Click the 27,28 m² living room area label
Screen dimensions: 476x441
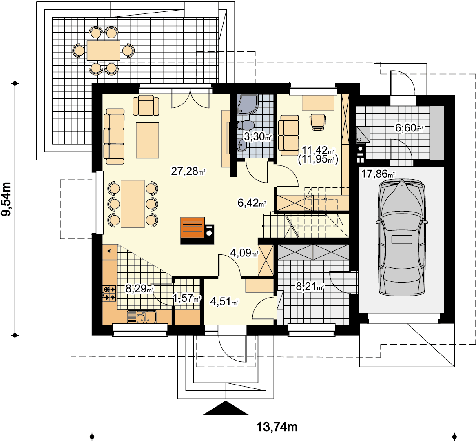click(188, 171)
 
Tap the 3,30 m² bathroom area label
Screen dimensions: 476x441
click(258, 137)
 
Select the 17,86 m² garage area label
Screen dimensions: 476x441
click(378, 174)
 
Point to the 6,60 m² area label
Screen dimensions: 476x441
click(409, 128)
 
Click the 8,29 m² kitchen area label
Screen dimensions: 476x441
click(139, 288)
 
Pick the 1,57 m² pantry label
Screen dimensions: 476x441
click(187, 298)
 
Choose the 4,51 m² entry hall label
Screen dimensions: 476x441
click(224, 301)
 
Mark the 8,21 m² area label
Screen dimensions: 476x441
click(310, 286)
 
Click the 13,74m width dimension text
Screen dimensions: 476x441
click(277, 427)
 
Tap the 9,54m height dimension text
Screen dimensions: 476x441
click(6, 199)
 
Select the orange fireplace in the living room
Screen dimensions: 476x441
click(193, 227)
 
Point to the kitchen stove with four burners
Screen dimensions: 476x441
click(110, 293)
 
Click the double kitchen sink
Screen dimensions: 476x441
click(142, 317)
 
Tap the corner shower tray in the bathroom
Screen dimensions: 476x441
click(248, 105)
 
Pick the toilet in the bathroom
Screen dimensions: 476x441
click(246, 125)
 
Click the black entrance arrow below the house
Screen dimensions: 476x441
click(226, 408)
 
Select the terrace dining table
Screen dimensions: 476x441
click(104, 51)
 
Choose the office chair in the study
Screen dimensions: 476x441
click(317, 122)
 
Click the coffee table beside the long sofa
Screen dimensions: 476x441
click(148, 140)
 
